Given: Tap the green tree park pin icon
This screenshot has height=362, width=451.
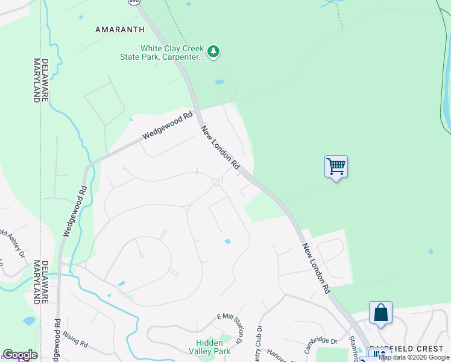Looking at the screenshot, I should click(x=213, y=52).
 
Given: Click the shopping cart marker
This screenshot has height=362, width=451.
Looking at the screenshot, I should click(x=336, y=165).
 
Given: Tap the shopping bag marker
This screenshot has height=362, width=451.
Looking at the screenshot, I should click(x=380, y=313).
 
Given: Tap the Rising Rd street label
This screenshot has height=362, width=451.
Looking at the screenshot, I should click(x=75, y=341).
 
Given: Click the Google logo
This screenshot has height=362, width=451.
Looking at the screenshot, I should click(x=20, y=355).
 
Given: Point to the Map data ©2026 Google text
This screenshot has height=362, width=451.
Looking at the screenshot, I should click(x=414, y=357).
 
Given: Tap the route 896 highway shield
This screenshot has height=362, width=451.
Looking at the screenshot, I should click(x=134, y=2).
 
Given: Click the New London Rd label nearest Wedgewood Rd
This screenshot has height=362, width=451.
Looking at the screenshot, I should click(x=221, y=147).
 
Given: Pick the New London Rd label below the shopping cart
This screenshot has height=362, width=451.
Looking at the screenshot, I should click(x=317, y=268).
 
